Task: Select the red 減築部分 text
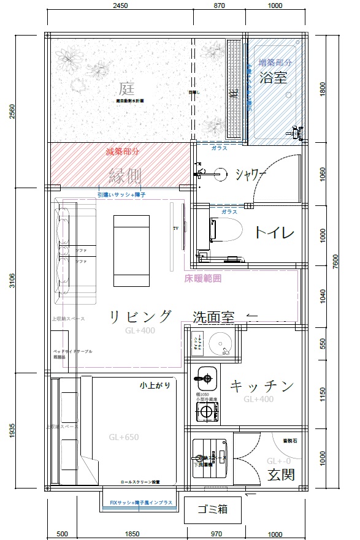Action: click(123, 151)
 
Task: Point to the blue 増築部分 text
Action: click(275, 63)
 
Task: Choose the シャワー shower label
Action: click(250, 174)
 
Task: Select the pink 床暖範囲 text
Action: click(202, 278)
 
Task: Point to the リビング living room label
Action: click(140, 316)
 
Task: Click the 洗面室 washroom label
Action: click(214, 318)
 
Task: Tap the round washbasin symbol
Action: click(219, 341)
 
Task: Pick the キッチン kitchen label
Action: click(262, 386)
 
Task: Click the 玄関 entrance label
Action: click(281, 473)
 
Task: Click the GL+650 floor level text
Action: click(123, 438)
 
